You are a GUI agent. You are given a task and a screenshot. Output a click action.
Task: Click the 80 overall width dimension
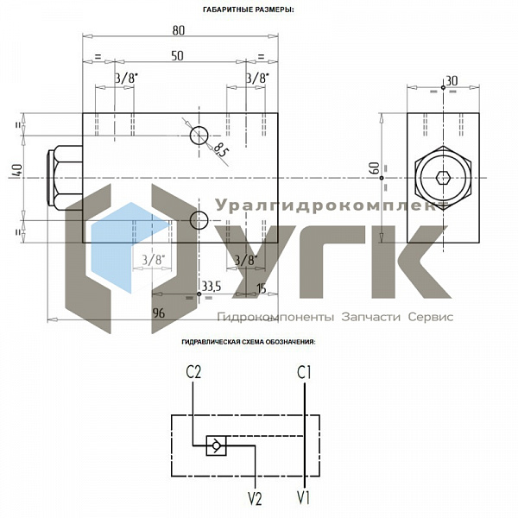179,31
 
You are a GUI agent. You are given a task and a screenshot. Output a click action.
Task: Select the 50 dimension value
177,56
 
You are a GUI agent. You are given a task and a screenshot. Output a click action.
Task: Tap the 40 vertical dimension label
17,172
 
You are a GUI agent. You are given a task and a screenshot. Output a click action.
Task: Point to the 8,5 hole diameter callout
219,150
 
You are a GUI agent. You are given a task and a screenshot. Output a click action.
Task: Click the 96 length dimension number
159,313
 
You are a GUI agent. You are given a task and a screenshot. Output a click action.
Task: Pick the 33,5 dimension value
212,287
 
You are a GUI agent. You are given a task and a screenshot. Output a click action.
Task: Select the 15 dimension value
262,288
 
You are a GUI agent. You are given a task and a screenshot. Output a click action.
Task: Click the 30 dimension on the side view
452,80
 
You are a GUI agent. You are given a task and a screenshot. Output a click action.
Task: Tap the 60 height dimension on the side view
375,167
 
